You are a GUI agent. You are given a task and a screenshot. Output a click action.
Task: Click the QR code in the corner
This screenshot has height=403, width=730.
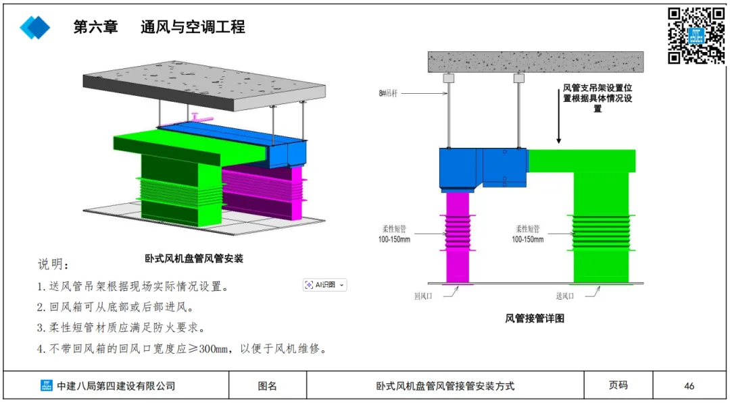[696, 35]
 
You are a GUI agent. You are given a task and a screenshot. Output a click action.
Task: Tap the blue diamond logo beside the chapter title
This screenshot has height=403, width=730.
[34, 27]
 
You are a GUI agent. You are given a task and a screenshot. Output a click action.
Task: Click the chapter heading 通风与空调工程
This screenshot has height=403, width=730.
[193, 27]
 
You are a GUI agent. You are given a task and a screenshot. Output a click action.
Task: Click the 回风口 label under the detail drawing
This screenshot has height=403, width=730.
[424, 296]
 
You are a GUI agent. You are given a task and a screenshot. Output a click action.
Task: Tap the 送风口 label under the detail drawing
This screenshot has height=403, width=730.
[564, 296]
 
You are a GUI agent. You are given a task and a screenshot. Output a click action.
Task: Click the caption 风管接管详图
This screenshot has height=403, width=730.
[534, 318]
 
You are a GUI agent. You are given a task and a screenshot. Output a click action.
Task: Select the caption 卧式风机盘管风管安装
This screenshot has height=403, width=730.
[194, 258]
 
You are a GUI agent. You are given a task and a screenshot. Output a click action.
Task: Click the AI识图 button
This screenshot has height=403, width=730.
[325, 285]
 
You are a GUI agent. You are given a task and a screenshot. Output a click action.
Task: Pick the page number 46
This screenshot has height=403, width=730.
[689, 386]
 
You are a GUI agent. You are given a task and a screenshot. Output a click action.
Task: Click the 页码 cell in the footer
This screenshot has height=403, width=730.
[618, 385]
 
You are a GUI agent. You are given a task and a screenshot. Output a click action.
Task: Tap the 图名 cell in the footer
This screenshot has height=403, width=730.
[268, 386]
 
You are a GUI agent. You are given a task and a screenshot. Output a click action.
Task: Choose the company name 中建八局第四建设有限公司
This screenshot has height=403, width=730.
[116, 386]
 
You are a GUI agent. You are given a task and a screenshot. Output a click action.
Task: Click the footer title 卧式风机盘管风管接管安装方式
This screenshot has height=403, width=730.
[445, 386]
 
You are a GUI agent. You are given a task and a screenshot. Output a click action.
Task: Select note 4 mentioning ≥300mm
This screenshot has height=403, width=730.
[182, 349]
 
